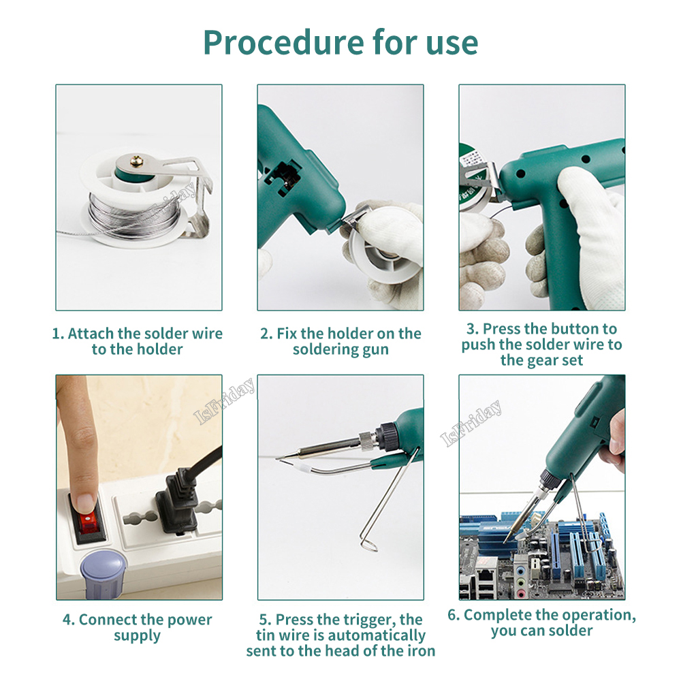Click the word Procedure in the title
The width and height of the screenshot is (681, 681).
pyautogui.click(x=283, y=43)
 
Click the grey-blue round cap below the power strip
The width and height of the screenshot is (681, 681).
pyautogui.click(x=104, y=573)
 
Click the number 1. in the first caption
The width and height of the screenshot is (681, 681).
pyautogui.click(x=58, y=334)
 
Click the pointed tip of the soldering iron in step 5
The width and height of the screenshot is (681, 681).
pyautogui.click(x=276, y=458)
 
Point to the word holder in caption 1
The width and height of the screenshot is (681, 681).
pyautogui.click(x=160, y=349)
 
